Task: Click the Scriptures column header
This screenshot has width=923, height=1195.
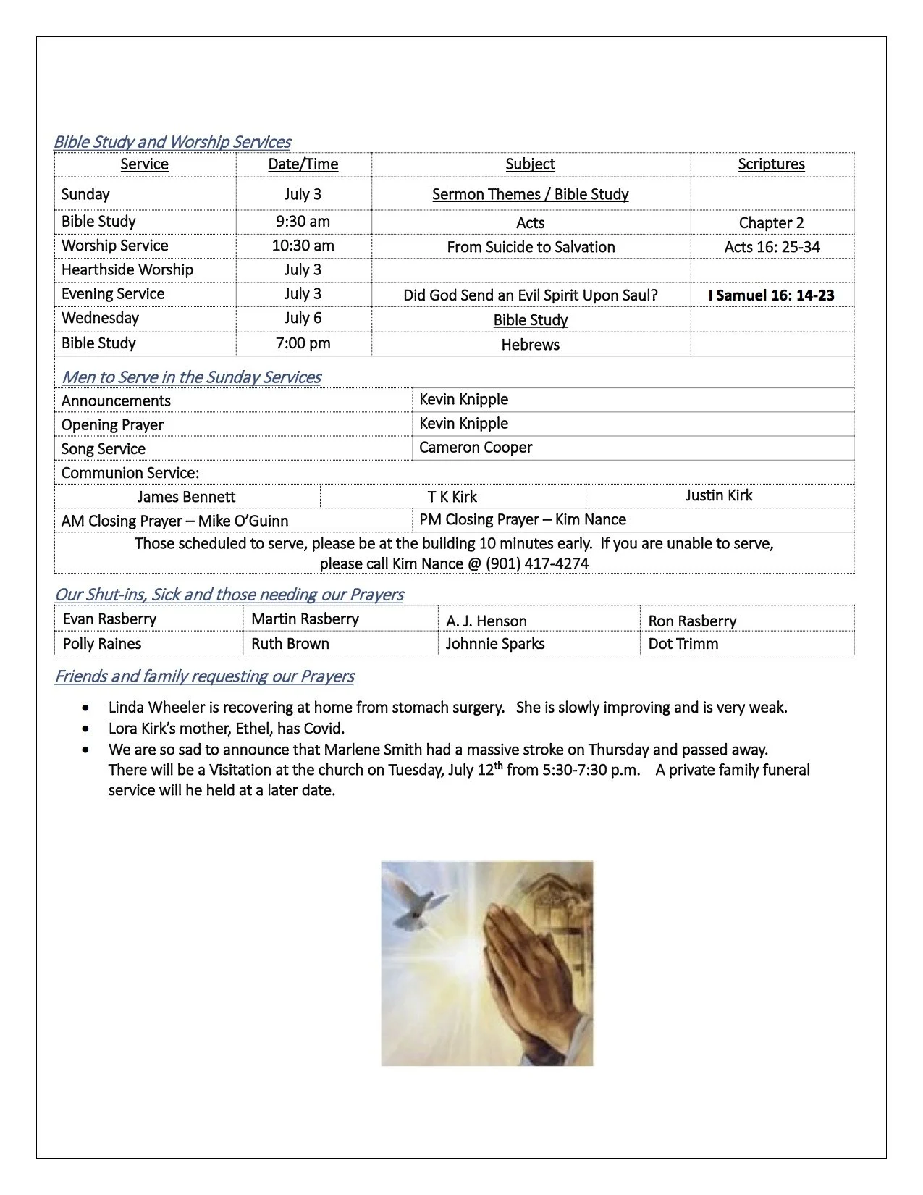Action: pyautogui.click(x=771, y=164)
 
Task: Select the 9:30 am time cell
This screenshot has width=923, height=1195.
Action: pyautogui.click(x=303, y=222)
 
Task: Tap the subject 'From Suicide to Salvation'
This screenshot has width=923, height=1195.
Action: pyautogui.click(x=531, y=247)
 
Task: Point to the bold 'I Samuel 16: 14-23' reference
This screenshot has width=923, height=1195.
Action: pyautogui.click(x=771, y=295)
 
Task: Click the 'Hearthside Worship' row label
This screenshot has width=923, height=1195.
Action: pyautogui.click(x=127, y=270)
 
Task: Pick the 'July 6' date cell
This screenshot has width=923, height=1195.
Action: pyautogui.click(x=303, y=319)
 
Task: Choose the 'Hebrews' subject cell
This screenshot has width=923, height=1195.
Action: pyautogui.click(x=531, y=345)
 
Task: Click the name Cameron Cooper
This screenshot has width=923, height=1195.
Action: pyautogui.click(x=476, y=448)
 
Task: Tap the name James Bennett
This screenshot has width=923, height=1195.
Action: pyautogui.click(x=186, y=497)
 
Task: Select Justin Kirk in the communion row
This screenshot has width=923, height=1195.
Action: pyautogui.click(x=719, y=495)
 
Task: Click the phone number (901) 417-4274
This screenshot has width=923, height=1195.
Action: pyautogui.click(x=536, y=564)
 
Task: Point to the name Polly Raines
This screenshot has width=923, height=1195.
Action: pyautogui.click(x=102, y=644)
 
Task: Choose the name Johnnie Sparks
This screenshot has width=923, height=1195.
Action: pyautogui.click(x=495, y=644)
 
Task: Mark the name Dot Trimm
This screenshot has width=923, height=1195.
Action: pyautogui.click(x=683, y=644)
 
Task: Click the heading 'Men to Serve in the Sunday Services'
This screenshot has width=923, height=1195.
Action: pyautogui.click(x=191, y=377)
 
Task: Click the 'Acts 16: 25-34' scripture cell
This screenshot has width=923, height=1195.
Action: pyautogui.click(x=772, y=247)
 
